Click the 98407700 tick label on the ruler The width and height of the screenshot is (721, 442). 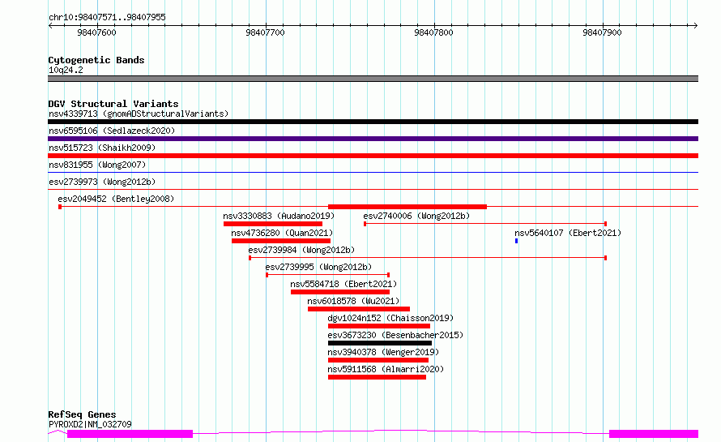point(265,32)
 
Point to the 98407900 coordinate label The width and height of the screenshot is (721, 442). point(602,32)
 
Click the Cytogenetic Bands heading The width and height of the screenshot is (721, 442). point(96,60)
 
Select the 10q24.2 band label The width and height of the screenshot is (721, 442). point(66,70)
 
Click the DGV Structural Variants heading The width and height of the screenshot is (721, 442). point(113,104)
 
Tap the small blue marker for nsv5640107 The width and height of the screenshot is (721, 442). point(516,241)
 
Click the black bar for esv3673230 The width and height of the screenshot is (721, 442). point(380,343)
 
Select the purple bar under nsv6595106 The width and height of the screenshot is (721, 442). point(373,139)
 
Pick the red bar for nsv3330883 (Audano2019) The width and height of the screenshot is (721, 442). point(273,224)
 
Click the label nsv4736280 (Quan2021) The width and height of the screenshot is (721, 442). point(282,233)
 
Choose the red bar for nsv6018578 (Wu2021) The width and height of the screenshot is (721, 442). point(359,309)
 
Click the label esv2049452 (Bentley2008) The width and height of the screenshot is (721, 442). point(116,199)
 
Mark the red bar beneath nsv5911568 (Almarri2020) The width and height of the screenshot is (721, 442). point(377,377)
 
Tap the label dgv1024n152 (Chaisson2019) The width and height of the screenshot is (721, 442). point(390,318)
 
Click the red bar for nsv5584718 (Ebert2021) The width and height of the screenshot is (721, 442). point(340,292)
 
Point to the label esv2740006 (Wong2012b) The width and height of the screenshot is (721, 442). point(416,216)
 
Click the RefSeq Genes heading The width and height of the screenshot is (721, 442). point(82,415)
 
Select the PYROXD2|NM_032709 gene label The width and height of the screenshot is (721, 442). point(90,424)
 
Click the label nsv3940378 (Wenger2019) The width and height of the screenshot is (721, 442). point(383,352)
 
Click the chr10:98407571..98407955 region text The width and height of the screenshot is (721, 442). point(107,18)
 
